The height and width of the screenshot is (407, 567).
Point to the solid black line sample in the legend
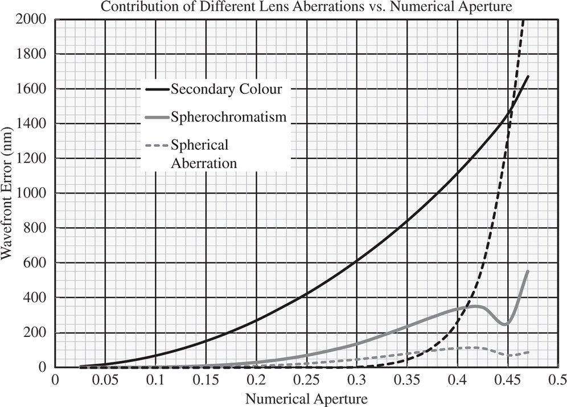156,89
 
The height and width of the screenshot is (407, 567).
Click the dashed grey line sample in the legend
156,144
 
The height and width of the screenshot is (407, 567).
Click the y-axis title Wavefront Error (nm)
7,194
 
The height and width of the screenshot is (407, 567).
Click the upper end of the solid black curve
528,76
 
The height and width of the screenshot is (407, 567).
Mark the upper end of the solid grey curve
528,271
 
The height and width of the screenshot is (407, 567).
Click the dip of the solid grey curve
505,324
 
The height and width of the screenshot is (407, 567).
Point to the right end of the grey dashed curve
528,352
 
